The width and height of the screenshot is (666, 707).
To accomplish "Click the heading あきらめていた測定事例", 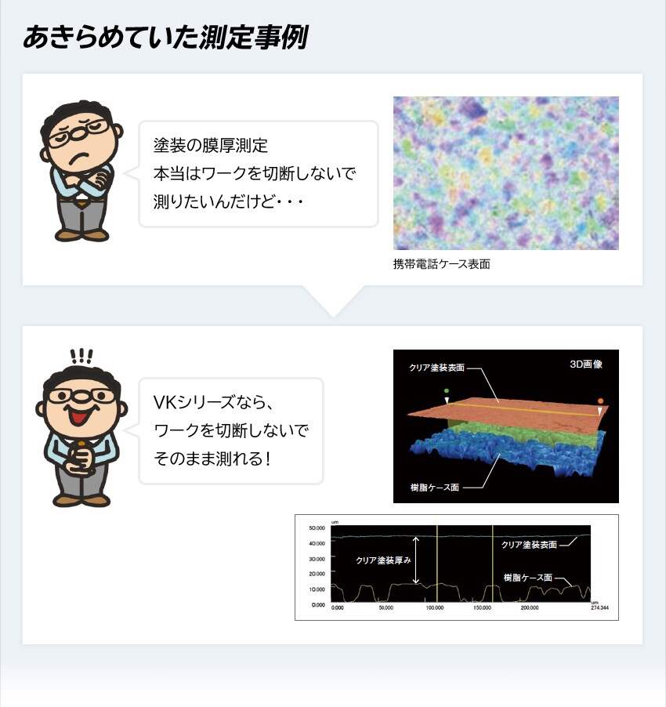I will click(x=165, y=37).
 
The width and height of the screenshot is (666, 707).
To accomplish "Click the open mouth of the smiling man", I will click(x=79, y=413).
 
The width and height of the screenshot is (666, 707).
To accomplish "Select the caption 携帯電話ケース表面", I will click(x=441, y=264).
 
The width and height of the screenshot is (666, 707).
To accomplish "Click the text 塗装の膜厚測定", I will click(x=211, y=146).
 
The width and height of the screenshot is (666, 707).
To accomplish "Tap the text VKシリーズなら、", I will click(x=212, y=403).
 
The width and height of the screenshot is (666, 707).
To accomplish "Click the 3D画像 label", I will click(x=585, y=364).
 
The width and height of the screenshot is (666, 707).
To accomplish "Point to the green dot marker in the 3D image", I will click(x=447, y=390).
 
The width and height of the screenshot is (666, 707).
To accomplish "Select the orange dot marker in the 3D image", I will click(x=600, y=401).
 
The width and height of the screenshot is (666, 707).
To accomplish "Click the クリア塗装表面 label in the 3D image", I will click(x=437, y=367).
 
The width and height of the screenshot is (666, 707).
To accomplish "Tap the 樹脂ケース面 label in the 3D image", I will click(x=435, y=487).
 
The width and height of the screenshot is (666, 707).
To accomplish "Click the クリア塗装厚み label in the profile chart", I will click(x=383, y=560).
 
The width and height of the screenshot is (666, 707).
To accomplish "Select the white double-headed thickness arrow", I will click(x=417, y=560).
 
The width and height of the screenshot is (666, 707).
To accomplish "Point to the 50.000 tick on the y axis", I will click(x=317, y=528).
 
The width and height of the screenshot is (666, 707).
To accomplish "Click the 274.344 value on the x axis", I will click(x=599, y=607).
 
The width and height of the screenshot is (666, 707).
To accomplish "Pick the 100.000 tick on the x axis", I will click(x=434, y=607).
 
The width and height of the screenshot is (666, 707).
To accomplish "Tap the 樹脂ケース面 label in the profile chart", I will click(x=527, y=577).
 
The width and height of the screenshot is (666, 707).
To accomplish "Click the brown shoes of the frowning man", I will click(x=81, y=234).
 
